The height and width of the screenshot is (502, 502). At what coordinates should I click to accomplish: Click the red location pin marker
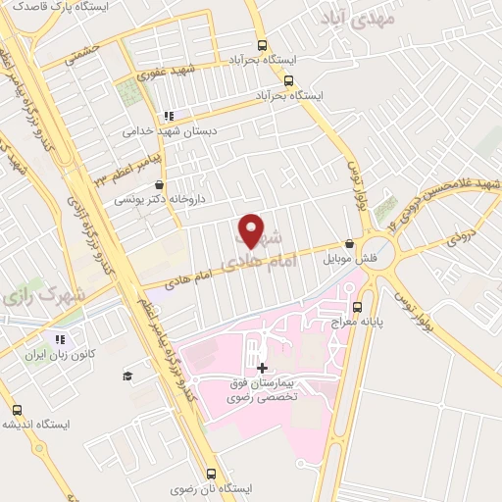252,229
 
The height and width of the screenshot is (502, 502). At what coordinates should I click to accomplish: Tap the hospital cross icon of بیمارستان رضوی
261,369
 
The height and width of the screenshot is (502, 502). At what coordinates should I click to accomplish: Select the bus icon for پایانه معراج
357,305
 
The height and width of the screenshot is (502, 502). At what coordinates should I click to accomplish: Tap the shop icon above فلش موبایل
350,244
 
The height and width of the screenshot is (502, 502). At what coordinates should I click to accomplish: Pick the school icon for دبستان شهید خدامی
168,114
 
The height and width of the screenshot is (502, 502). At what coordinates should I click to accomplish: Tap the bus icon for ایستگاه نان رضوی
212,473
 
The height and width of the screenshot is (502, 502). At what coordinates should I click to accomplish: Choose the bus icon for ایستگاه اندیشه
17,410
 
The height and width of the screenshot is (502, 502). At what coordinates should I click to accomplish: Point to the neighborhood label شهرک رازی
44,294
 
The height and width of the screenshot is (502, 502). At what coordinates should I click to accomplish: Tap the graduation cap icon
127,376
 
